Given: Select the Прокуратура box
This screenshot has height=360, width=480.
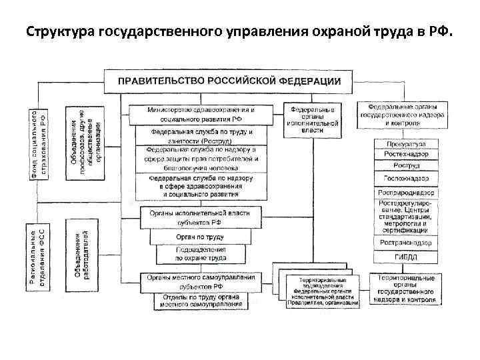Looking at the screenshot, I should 406,144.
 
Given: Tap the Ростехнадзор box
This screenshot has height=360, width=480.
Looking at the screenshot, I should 406,155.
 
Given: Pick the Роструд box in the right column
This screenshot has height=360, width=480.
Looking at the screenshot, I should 406,166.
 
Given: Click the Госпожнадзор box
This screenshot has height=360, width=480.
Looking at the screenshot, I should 406,179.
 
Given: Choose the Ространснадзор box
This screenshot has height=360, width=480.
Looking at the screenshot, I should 406,243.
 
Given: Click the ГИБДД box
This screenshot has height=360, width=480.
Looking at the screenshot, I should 406,256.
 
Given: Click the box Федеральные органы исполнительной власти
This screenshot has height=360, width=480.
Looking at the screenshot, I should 311,118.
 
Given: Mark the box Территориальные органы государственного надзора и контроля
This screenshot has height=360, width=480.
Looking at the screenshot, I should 406,289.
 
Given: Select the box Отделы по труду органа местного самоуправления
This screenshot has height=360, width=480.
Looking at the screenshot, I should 201,301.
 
